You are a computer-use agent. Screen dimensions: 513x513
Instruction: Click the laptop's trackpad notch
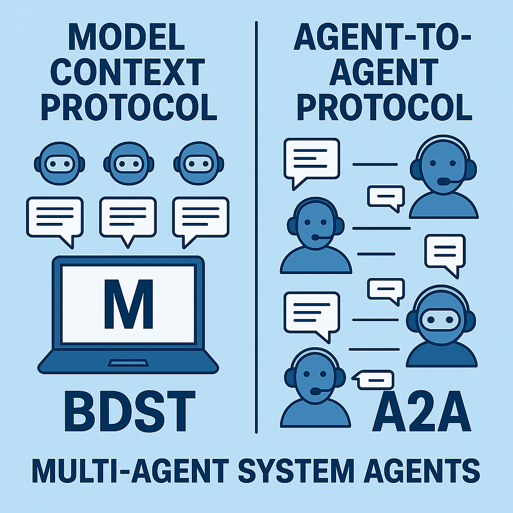click(127, 362)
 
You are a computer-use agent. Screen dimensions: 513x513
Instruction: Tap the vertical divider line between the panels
click(256, 225)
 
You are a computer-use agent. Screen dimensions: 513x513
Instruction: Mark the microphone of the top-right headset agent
click(443, 181)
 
